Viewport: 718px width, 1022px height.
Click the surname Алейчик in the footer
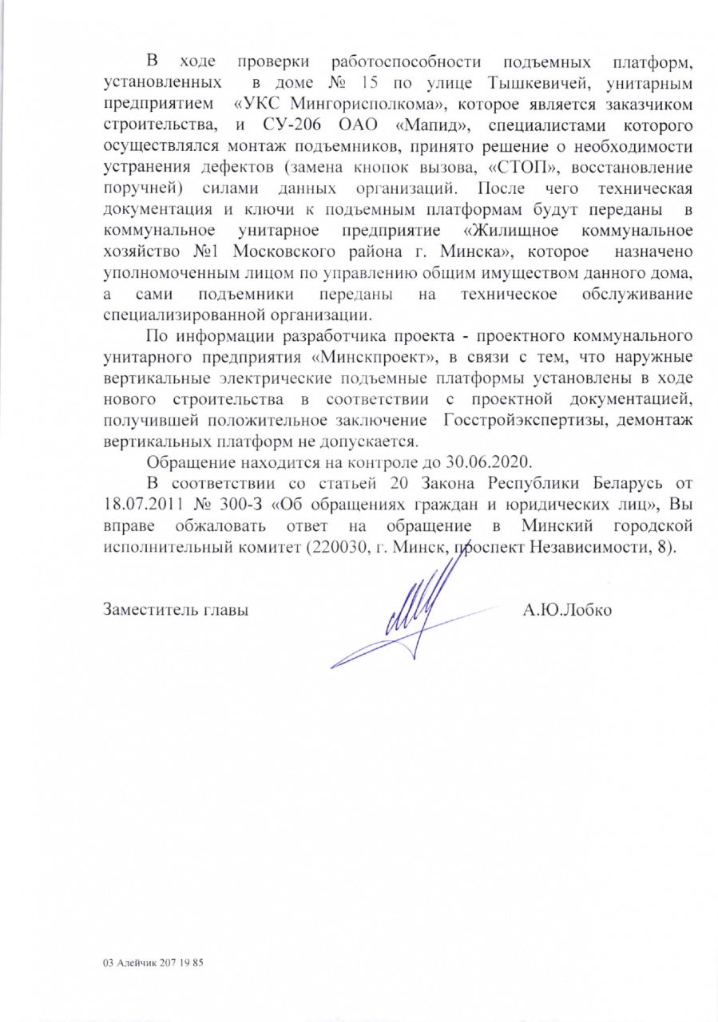click(138, 963)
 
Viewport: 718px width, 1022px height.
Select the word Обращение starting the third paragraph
click(190, 462)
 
